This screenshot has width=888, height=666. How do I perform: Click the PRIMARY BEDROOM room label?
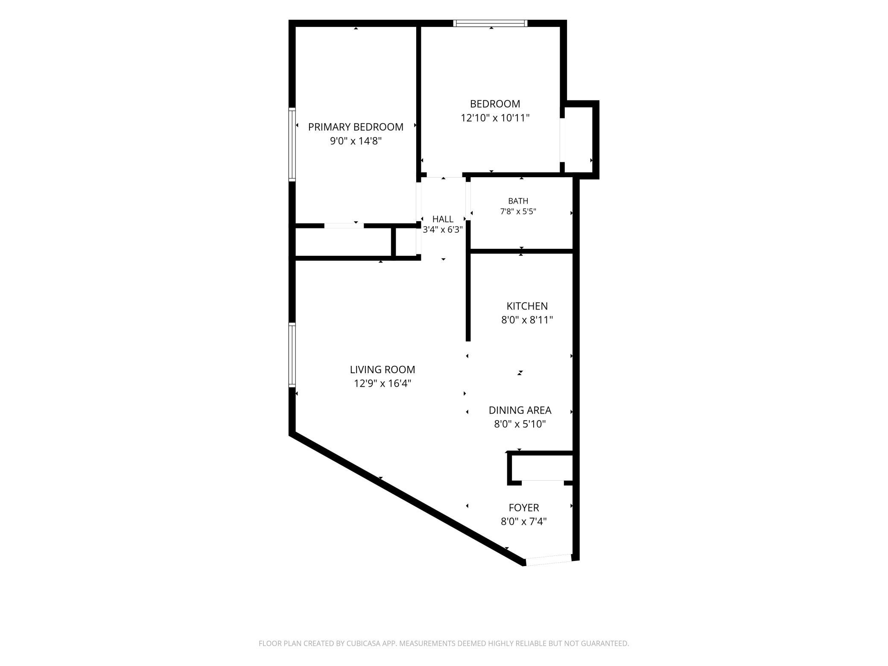pyautogui.click(x=356, y=127)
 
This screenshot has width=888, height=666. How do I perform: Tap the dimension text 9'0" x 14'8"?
pyautogui.click(x=356, y=141)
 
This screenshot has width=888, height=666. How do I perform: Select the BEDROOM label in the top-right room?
pyautogui.click(x=495, y=104)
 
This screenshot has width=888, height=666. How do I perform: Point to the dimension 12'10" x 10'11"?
pyautogui.click(x=495, y=118)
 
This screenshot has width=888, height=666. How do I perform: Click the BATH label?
pyautogui.click(x=518, y=201)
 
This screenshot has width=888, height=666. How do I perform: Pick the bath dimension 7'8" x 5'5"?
pyautogui.click(x=518, y=211)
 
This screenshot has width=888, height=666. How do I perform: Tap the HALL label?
pyautogui.click(x=443, y=219)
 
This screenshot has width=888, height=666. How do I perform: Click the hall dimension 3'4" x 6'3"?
pyautogui.click(x=443, y=230)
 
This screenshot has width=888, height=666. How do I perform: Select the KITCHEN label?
pyautogui.click(x=527, y=306)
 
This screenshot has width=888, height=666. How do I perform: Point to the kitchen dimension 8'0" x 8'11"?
pyautogui.click(x=527, y=320)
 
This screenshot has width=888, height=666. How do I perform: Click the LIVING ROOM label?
pyautogui.click(x=383, y=369)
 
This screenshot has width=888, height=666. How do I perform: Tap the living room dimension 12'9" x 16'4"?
pyautogui.click(x=383, y=383)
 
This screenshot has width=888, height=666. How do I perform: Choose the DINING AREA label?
pyautogui.click(x=520, y=410)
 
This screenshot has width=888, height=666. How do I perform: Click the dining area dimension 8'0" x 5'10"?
pyautogui.click(x=520, y=424)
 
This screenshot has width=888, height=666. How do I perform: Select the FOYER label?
pyautogui.click(x=524, y=508)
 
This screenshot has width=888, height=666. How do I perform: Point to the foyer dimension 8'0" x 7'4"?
pyautogui.click(x=524, y=521)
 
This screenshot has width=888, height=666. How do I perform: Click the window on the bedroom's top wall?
pyautogui.click(x=491, y=23)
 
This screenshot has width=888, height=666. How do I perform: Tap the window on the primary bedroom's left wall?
pyautogui.click(x=292, y=144)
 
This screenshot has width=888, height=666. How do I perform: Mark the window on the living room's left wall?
pyautogui.click(x=292, y=355)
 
